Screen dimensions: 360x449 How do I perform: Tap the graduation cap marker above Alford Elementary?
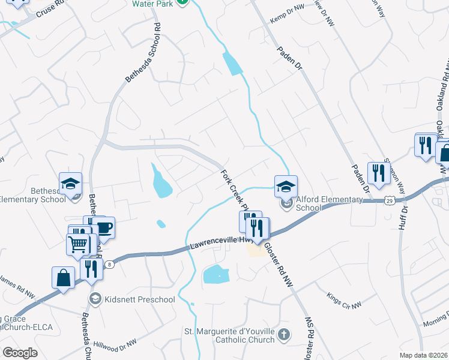[286, 185]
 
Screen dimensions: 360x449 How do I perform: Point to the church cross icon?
[285, 334]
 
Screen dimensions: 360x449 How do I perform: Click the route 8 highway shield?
[109, 264]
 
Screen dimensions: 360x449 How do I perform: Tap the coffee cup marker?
[103, 227]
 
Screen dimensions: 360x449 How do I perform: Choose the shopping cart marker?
[78, 244]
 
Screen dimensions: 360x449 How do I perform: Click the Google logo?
[20, 353]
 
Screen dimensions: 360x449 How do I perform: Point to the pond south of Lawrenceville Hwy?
[216, 275]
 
